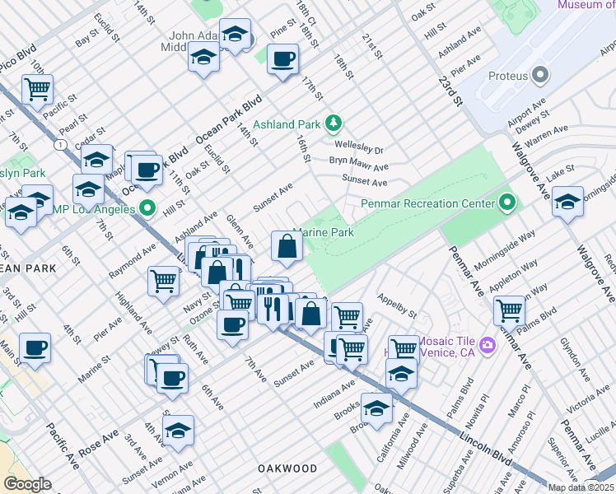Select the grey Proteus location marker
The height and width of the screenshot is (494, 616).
(x=540, y=77)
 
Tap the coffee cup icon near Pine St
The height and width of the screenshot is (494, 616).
(x=282, y=59)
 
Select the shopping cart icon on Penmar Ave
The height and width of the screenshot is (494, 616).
(x=510, y=310)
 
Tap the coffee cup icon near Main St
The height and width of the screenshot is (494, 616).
(x=35, y=347)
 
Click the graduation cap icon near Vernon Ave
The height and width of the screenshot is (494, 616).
(x=178, y=430)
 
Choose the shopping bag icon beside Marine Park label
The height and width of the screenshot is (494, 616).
(x=286, y=246)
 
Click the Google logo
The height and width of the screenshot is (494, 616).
(x=27, y=484)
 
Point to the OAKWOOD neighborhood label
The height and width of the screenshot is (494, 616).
(x=287, y=468)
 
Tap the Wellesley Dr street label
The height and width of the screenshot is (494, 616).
(x=359, y=150)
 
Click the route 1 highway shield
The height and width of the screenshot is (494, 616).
(x=59, y=144)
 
